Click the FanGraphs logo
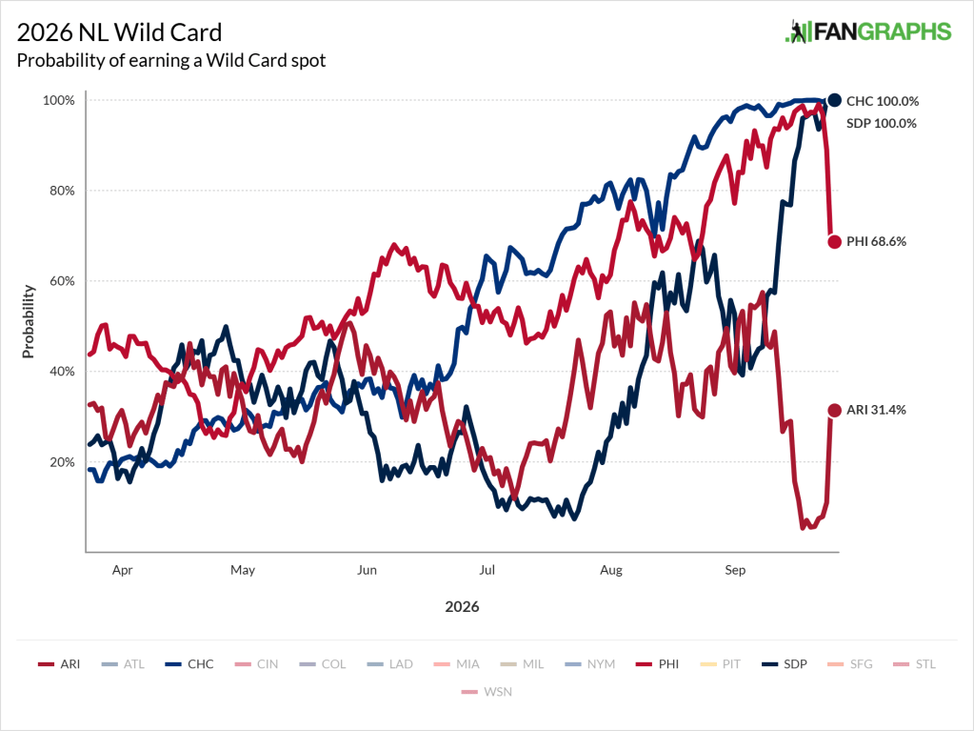(x=867, y=31)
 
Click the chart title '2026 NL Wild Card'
(x=119, y=32)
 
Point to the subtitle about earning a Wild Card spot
(x=171, y=60)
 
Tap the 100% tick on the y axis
(x=58, y=101)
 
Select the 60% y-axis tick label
(x=62, y=281)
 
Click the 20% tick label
(x=62, y=462)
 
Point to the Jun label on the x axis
(x=367, y=570)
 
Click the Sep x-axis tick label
(x=735, y=570)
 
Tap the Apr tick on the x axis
(x=123, y=570)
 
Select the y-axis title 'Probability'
(x=28, y=321)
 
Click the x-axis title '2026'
(x=462, y=607)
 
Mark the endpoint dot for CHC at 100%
(x=834, y=100)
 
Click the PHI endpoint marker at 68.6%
(x=834, y=242)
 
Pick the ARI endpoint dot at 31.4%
(x=834, y=410)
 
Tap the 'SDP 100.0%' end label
(x=882, y=124)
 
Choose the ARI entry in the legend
(x=59, y=664)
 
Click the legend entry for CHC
(x=189, y=664)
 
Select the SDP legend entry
(x=784, y=664)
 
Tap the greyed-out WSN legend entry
(x=487, y=692)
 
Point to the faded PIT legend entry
(x=720, y=664)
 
